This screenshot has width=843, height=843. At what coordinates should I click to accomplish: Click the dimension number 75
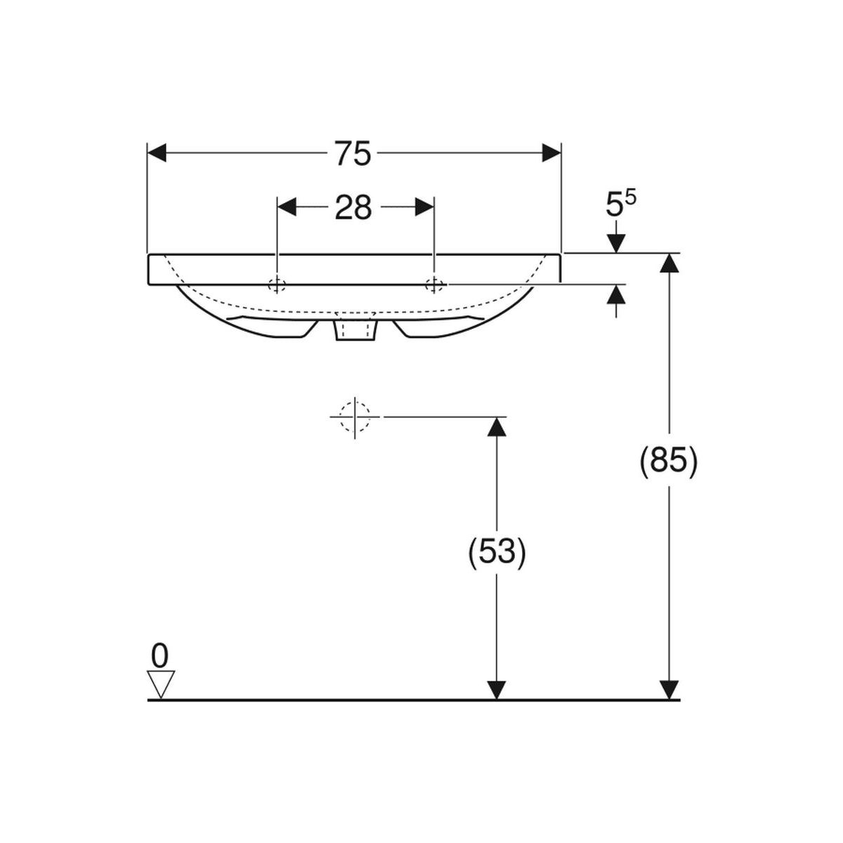(x=353, y=153)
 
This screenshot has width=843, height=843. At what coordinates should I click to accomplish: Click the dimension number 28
(x=353, y=207)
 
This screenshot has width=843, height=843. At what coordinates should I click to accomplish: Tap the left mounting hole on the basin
(x=277, y=285)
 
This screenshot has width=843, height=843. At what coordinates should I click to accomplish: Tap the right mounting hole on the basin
(x=434, y=285)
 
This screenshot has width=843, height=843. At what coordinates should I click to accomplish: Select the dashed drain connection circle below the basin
(x=355, y=417)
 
